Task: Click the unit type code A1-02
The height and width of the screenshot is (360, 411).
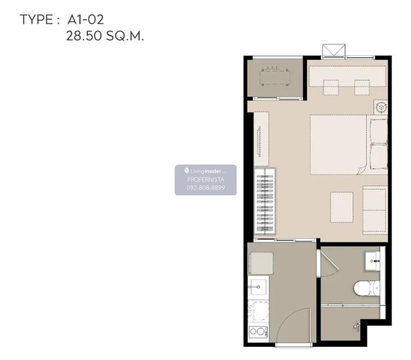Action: (85, 20)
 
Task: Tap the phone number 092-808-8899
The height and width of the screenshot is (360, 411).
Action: (206, 188)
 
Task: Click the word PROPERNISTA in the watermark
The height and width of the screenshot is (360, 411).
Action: (206, 179)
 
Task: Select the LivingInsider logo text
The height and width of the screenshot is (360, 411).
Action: (206, 171)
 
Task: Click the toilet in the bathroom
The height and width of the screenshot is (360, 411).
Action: (367, 288)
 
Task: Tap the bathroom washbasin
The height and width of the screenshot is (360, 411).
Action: (372, 261)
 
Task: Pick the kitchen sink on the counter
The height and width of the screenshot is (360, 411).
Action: (258, 287)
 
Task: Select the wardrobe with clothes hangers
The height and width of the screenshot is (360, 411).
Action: (265, 201)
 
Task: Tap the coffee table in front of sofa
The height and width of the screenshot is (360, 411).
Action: (341, 207)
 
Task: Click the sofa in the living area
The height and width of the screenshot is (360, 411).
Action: (375, 210)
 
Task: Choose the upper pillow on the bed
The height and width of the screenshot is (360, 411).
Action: (379, 131)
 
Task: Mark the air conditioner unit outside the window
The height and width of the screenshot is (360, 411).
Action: (334, 51)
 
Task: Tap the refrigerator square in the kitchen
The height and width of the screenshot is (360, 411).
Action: (261, 263)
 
